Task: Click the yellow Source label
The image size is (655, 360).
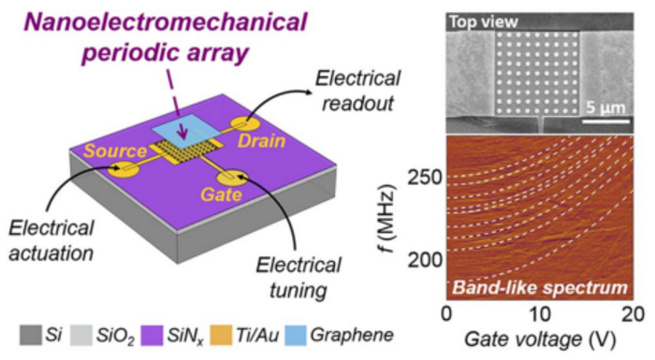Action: pyautogui.click(x=115, y=151)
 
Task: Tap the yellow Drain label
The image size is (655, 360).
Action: pyautogui.click(x=261, y=141)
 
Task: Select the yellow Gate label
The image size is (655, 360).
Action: pyautogui.click(x=222, y=194)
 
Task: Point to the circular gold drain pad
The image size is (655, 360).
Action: pyautogui.click(x=245, y=124)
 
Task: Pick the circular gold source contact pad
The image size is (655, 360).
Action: pyautogui.click(x=124, y=168)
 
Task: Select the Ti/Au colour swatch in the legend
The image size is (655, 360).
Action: pyautogui.click(x=221, y=336)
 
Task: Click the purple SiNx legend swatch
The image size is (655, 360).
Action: pyautogui.click(x=152, y=336)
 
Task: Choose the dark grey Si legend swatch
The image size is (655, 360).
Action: pyautogui.click(x=31, y=336)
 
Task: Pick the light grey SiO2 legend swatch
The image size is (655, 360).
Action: pyautogui.click(x=81, y=336)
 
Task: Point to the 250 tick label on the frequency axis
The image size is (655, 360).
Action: pyautogui.click(x=425, y=178)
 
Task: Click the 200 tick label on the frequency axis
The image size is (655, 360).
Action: pyautogui.click(x=425, y=260)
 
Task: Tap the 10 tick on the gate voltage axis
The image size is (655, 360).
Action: pyautogui.click(x=540, y=313)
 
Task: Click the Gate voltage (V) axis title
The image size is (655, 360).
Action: pyautogui.click(x=540, y=339)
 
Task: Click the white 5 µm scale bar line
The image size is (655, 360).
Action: pyautogui.click(x=605, y=122)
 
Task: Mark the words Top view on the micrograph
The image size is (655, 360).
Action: pyautogui.click(x=484, y=22)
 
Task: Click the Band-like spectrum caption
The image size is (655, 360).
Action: pyautogui.click(x=540, y=288)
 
